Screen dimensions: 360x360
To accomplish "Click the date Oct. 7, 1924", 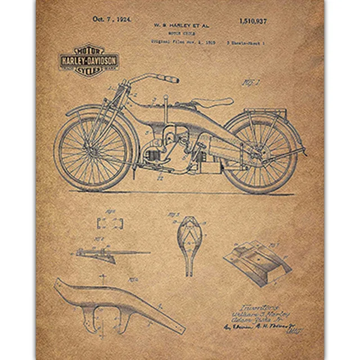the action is (x=111, y=19).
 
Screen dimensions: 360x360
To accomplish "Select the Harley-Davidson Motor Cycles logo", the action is (x=88, y=60).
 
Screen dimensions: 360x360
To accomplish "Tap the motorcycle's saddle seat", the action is (x=213, y=102).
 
